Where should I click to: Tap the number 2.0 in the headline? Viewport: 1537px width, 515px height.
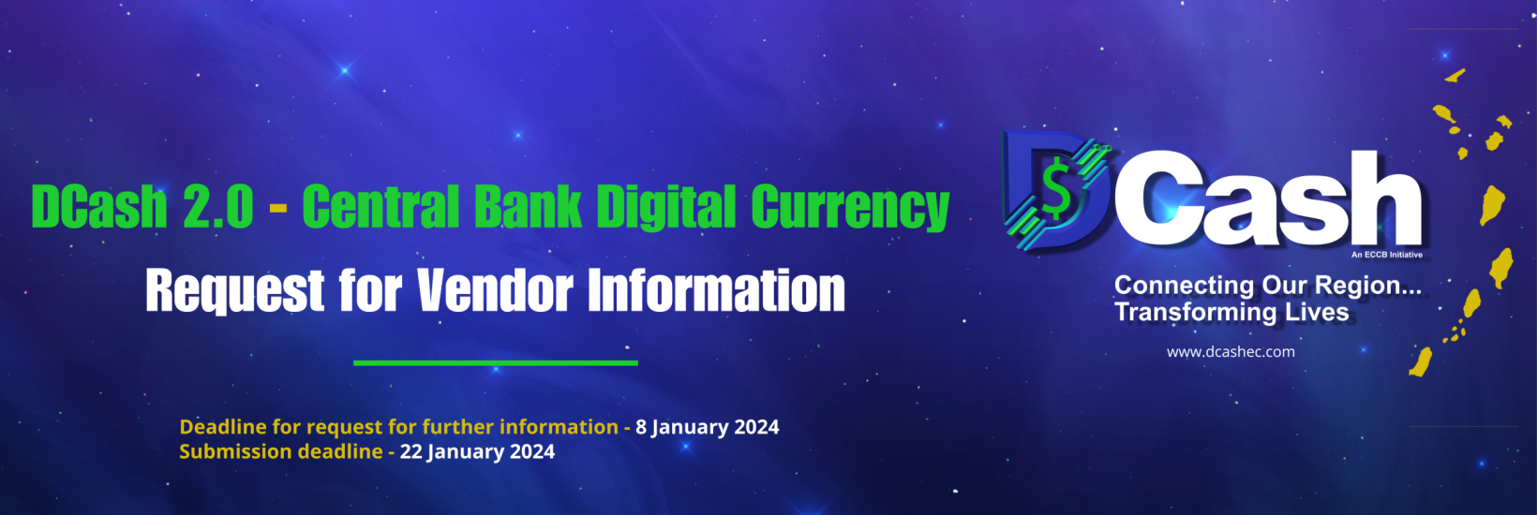click(217, 207)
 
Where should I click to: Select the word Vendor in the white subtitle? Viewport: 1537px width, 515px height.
click(495, 290)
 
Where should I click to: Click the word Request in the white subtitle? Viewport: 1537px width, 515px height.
click(234, 292)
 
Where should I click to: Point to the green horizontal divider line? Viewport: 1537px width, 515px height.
click(495, 362)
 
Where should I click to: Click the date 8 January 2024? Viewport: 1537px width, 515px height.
click(708, 427)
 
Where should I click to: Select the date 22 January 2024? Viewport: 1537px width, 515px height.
click(477, 451)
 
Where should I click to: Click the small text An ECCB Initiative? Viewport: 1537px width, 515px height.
click(1386, 255)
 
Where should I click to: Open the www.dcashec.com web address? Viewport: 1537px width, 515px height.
click(1231, 352)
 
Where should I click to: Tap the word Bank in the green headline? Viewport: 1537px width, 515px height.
click(528, 207)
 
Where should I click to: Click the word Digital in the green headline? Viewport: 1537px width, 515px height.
click(666, 207)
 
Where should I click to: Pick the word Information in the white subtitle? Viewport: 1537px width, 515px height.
click(716, 290)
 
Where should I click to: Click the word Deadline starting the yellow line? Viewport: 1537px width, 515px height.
click(223, 427)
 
